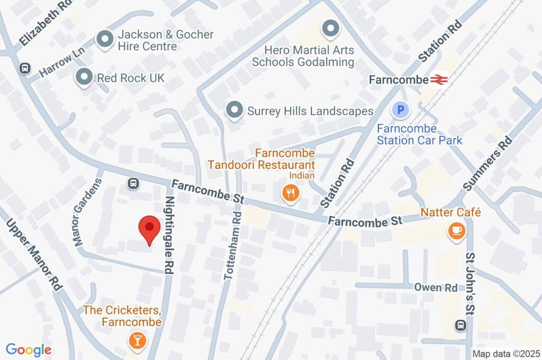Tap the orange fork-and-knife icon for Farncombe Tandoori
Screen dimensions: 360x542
290,194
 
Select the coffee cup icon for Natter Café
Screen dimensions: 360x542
456,231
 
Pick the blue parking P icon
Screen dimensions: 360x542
401,111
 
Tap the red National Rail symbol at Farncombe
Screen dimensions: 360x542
439,79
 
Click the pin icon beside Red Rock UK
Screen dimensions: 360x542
84,77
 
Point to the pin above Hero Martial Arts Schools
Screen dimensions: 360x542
330,29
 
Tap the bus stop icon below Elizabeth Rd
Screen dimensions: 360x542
24,68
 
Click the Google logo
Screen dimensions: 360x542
29,349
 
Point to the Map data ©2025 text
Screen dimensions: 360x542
505,354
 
